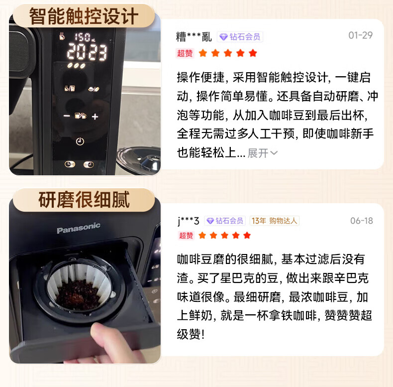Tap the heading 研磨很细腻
(84, 200)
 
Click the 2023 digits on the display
(87, 51)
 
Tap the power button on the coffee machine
(80, 141)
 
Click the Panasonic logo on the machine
(78, 229)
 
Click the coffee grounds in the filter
(77, 293)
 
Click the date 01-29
(360, 35)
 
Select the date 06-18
(362, 221)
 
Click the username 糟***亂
(194, 37)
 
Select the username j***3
(188, 221)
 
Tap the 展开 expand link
(262, 153)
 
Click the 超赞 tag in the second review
(186, 236)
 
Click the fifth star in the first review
(253, 53)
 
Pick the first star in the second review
(202, 236)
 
